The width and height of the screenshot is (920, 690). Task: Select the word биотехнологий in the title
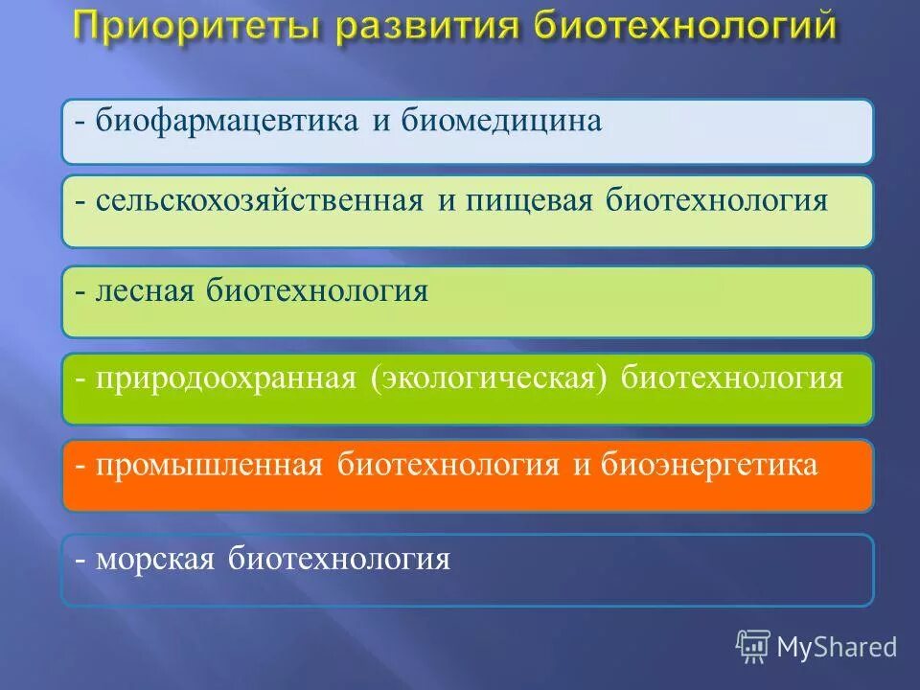[684, 28]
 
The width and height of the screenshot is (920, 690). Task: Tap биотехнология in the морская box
[339, 558]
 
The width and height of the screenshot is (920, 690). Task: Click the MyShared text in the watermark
[837, 647]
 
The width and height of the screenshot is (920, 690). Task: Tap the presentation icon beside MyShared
[753, 646]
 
